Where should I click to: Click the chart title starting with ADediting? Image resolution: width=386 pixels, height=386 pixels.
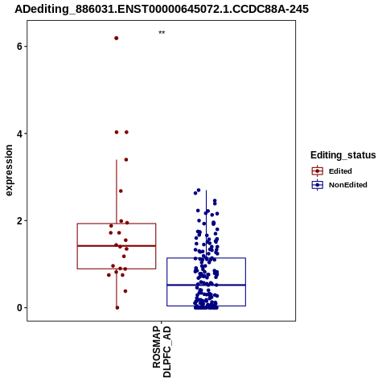[162, 9]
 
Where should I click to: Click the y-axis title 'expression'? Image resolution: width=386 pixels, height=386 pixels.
[9, 170]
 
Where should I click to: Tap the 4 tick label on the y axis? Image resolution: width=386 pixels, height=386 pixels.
[19, 133]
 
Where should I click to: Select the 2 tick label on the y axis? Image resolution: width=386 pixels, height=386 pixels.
[19, 221]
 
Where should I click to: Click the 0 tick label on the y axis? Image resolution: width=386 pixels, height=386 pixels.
[19, 308]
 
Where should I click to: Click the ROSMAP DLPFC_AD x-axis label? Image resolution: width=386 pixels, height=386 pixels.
[162, 351]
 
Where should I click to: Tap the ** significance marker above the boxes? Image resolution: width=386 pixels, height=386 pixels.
[162, 33]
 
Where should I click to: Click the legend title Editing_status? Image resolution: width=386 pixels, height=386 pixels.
[343, 155]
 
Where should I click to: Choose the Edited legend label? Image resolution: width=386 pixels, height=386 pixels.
[340, 171]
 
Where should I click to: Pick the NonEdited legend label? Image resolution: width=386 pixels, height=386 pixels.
[348, 185]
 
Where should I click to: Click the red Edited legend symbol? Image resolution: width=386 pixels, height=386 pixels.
[318, 171]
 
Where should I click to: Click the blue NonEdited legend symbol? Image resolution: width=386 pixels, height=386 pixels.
[318, 185]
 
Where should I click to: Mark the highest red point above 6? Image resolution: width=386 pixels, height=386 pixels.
[117, 38]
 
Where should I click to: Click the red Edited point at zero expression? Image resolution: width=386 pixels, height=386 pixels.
[117, 308]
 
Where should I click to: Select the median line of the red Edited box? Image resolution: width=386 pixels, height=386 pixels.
[117, 245]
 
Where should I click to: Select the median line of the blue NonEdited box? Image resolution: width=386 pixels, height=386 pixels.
[206, 285]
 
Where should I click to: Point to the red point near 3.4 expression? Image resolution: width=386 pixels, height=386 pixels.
[126, 160]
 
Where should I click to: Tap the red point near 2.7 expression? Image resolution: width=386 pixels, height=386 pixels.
[121, 191]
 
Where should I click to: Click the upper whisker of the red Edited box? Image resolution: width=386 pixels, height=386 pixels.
[117, 191]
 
